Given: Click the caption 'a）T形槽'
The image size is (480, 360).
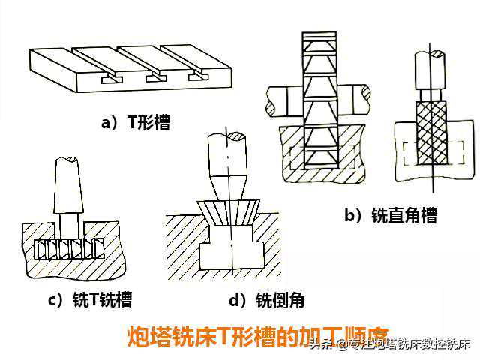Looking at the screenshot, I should click(x=136, y=121).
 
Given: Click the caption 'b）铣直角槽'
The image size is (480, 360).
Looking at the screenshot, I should click(x=390, y=216).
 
